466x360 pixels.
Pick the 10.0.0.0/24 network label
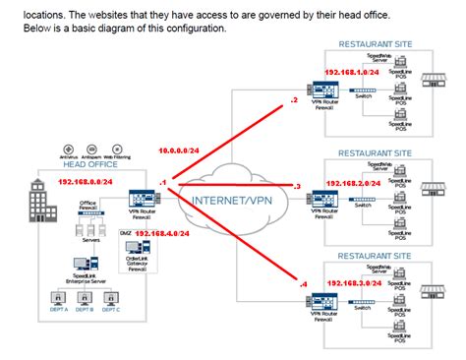180,150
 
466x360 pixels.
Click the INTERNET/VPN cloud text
233,200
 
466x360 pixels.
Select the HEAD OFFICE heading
89,165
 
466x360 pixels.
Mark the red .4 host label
301,283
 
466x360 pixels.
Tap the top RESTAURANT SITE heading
376,45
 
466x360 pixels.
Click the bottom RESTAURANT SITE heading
376,255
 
